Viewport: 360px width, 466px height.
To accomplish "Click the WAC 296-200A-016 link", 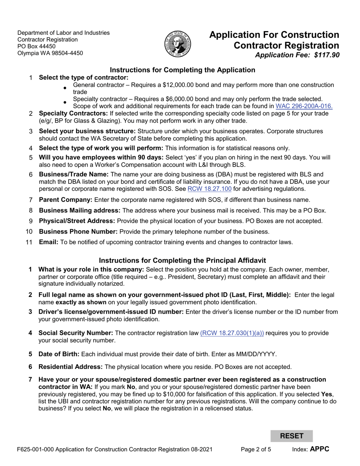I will click(x=304, y=106).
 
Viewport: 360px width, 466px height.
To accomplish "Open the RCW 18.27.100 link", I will click(x=210, y=189).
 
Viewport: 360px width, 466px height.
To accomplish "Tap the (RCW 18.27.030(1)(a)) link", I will click(x=232, y=333).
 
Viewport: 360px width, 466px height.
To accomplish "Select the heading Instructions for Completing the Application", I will click(x=182, y=70).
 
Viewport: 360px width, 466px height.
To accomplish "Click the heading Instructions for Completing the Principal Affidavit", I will click(x=182, y=260).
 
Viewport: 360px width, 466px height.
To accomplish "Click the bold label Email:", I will click(x=49, y=242).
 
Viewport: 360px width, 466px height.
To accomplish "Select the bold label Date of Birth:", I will click(x=59, y=354).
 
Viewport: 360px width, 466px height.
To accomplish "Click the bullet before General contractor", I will click(x=65, y=88).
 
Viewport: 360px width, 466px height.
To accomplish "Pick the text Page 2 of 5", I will click(x=256, y=449).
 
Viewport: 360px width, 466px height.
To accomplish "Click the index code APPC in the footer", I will click(x=319, y=449).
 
